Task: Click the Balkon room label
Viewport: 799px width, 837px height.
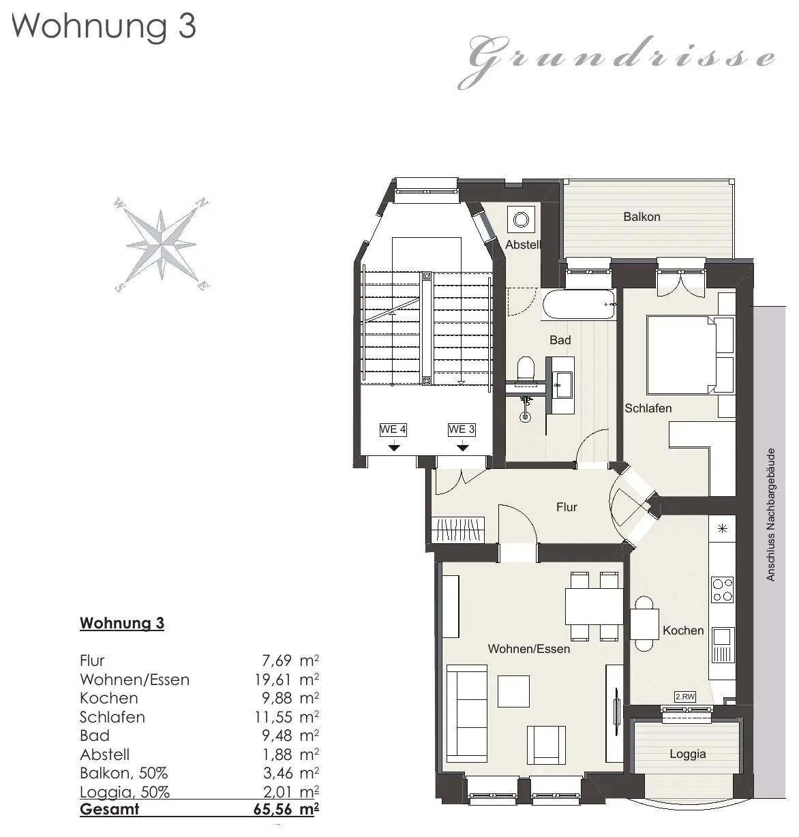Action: click(x=642, y=217)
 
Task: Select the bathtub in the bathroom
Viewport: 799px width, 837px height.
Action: click(x=578, y=305)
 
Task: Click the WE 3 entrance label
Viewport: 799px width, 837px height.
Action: click(x=462, y=429)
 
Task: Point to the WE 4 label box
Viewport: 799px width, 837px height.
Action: click(x=393, y=429)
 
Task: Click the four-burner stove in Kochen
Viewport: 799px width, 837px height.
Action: click(x=723, y=590)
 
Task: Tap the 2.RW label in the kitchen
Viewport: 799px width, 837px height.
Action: click(x=685, y=697)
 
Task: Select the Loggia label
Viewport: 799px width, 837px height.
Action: click(x=687, y=754)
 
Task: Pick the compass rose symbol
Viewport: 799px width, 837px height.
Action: click(x=161, y=245)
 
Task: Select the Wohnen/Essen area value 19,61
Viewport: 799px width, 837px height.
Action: click(x=273, y=680)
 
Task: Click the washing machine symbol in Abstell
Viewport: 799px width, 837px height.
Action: click(x=521, y=220)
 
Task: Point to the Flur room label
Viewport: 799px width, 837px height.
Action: click(x=567, y=507)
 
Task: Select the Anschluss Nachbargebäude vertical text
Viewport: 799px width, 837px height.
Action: click(x=770, y=515)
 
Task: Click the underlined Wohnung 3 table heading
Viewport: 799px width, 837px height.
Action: click(x=122, y=623)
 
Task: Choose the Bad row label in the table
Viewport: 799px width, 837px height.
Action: click(x=95, y=735)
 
